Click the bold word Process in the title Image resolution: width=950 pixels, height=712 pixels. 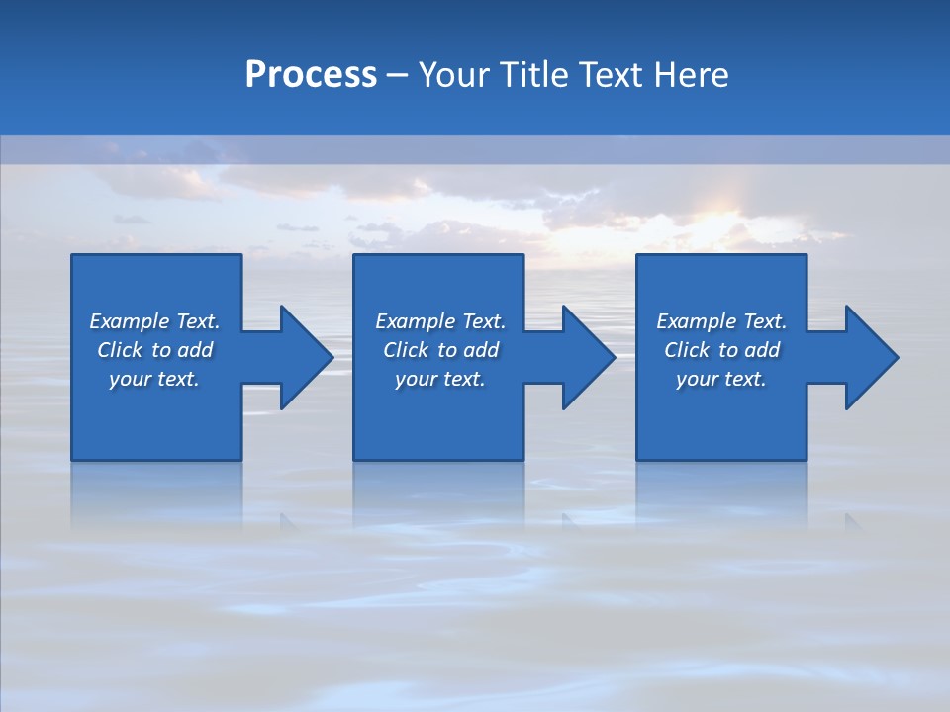311,75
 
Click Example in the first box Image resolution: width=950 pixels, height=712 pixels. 129,321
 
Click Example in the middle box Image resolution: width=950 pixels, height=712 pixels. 415,321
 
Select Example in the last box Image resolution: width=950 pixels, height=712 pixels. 696,321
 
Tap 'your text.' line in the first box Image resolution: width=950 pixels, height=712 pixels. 154,379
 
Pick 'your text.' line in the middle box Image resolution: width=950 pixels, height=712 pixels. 439,379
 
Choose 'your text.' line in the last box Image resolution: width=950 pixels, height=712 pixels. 721,379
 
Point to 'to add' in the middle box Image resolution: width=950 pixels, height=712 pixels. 468,350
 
